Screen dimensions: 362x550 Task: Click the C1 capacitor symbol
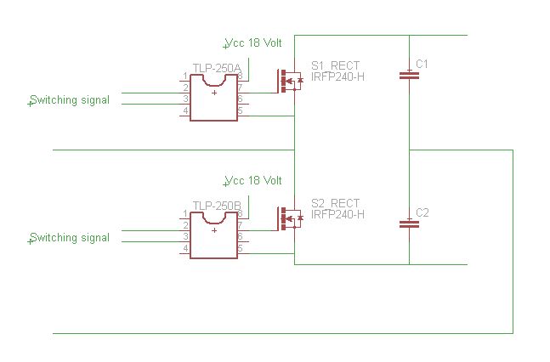coord(409,76)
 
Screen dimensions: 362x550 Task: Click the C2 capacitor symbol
coord(409,224)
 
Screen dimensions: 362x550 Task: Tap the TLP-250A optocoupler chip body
coord(213,98)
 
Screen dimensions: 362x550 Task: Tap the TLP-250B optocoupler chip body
coord(213,235)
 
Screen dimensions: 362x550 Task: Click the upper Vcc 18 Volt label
coord(253,42)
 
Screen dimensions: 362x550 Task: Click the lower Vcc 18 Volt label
coord(253,181)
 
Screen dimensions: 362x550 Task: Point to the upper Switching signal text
coord(70,100)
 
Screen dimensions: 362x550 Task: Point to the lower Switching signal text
coord(70,238)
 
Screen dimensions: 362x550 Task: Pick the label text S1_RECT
coord(335,65)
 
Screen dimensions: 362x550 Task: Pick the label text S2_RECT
coord(335,203)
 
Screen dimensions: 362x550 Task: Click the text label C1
coord(422,65)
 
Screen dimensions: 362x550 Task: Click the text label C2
coord(422,212)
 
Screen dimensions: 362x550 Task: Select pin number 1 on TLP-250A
coord(184,76)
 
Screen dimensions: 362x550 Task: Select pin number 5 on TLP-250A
coord(241,110)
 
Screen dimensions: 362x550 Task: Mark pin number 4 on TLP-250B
coord(184,248)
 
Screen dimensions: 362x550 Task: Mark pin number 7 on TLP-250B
coord(241,225)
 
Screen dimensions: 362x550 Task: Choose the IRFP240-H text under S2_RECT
coord(337,214)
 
